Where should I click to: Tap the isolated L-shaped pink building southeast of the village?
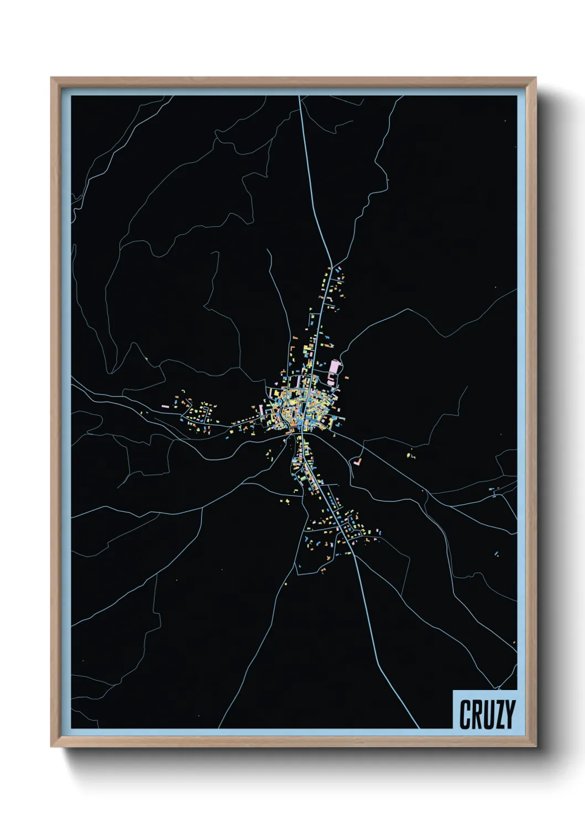pyautogui.click(x=358, y=460)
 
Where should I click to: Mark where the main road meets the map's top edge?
pyautogui.click(x=300, y=96)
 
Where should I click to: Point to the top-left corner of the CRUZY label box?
pyautogui.click(x=453, y=691)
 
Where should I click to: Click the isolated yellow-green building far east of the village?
pyautogui.click(x=410, y=456)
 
